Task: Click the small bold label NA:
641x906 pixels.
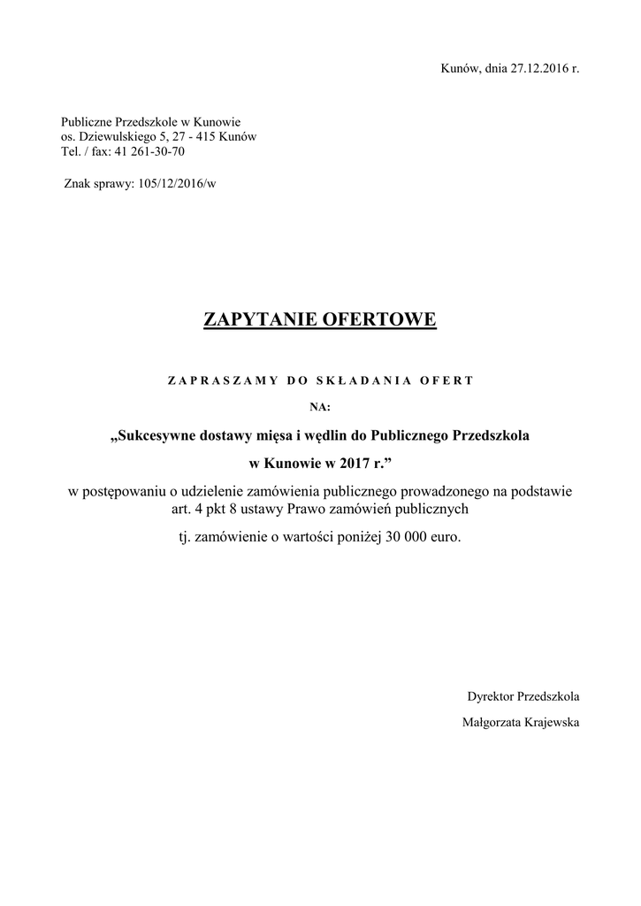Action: tap(320, 407)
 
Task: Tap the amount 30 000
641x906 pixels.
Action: tap(406, 537)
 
